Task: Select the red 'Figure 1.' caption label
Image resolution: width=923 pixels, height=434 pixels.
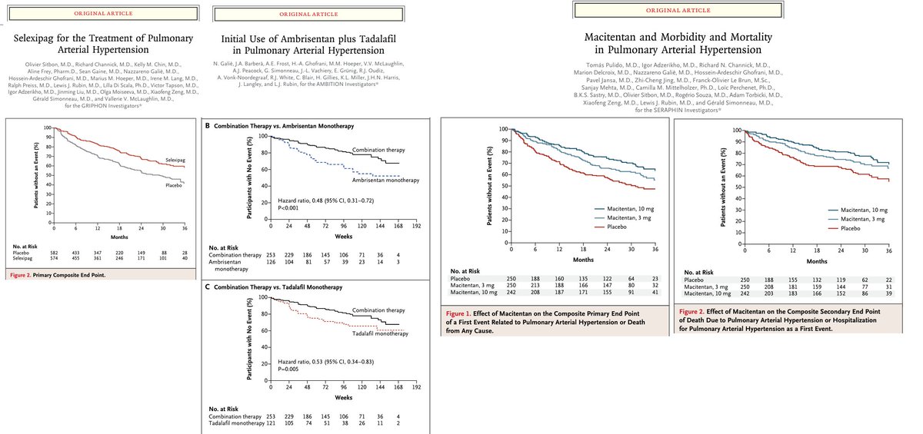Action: click(461, 314)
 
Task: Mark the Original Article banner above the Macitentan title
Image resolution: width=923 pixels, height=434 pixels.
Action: click(666, 11)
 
